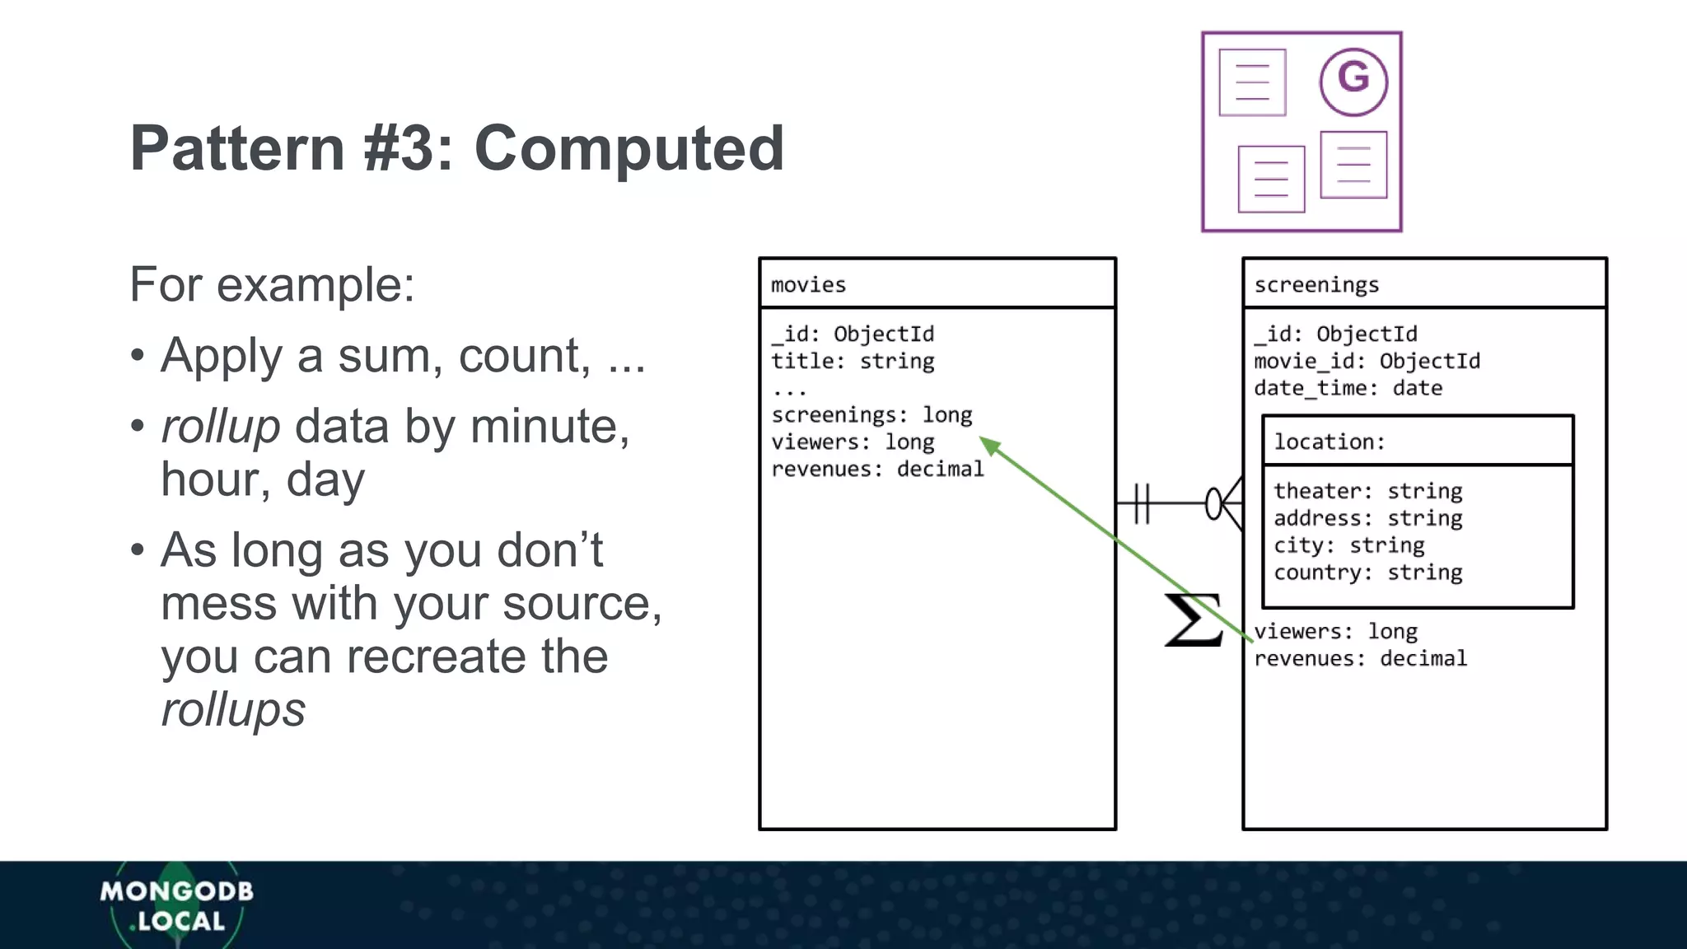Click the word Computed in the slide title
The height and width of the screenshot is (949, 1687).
pyautogui.click(x=629, y=148)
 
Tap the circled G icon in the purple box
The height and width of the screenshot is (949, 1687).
pyautogui.click(x=1353, y=81)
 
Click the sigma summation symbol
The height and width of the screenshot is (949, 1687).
pyautogui.click(x=1193, y=619)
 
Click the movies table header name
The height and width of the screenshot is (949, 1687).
pyautogui.click(x=808, y=285)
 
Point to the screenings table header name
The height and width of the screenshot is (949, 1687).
pyautogui.click(x=1315, y=285)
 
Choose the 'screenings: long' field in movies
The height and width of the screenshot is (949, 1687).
pyautogui.click(x=872, y=415)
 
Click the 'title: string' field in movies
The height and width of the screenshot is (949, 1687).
pyautogui.click(x=853, y=362)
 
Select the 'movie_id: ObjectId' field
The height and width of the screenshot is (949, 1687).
pyautogui.click(x=1367, y=362)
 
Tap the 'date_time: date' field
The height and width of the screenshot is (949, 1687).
pyautogui.click(x=1348, y=389)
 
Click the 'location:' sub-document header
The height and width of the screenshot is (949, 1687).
pyautogui.click(x=1330, y=442)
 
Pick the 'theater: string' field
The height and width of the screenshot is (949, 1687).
pyautogui.click(x=1367, y=492)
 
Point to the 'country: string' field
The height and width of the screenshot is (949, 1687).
pyautogui.click(x=1367, y=573)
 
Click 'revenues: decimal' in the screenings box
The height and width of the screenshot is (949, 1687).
pyautogui.click(x=1360, y=659)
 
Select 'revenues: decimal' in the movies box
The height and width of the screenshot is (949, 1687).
pyautogui.click(x=877, y=470)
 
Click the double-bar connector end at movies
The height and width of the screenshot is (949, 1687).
pyautogui.click(x=1141, y=503)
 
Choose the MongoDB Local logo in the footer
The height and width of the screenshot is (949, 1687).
pyautogui.click(x=176, y=906)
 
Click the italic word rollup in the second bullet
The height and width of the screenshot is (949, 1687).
pyautogui.click(x=220, y=427)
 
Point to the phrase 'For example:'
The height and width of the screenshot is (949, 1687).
pyautogui.click(x=272, y=285)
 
